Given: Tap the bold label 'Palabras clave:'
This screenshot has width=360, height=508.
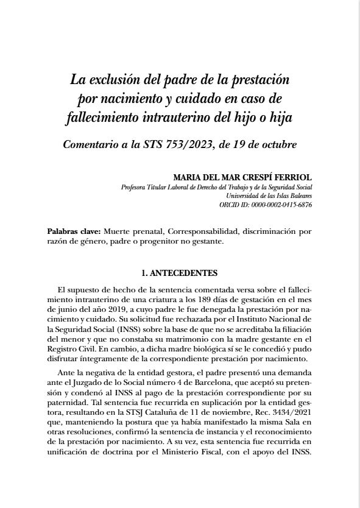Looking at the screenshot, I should point(73,232).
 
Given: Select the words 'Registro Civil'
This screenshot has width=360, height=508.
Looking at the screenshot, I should point(68,347).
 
